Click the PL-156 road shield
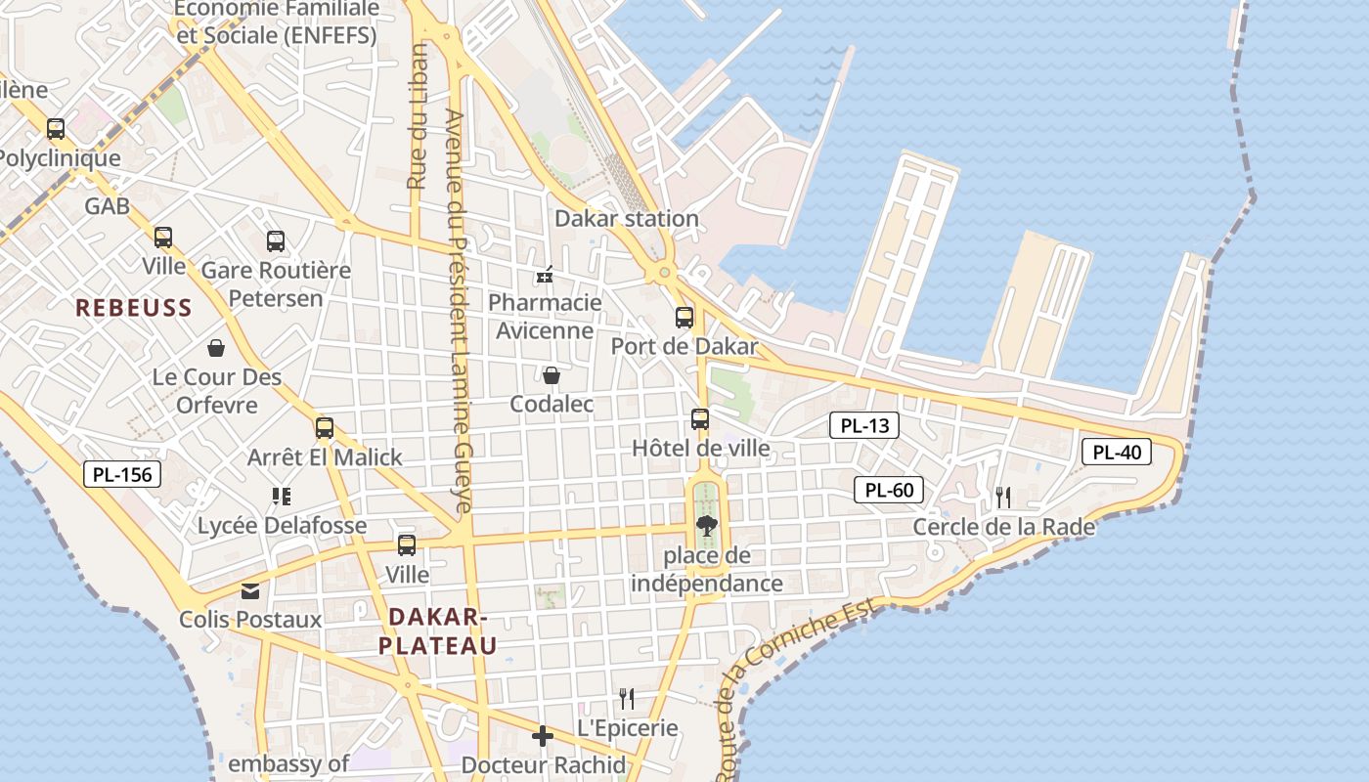(121, 475)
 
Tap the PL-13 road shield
(863, 425)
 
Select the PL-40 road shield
(1116, 452)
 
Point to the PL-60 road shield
(889, 490)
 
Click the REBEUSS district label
(134, 308)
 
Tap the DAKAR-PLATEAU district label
(438, 631)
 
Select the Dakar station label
(627, 218)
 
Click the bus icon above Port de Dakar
(684, 318)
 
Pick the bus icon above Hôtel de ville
(700, 419)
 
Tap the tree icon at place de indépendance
(706, 527)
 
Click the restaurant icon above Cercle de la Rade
(1003, 498)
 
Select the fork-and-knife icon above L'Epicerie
(627, 699)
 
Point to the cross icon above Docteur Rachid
(543, 735)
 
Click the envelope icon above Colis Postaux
(250, 590)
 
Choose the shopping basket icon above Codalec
(552, 375)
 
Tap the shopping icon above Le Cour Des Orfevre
(216, 348)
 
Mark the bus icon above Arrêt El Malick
(325, 428)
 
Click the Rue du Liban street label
(419, 117)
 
